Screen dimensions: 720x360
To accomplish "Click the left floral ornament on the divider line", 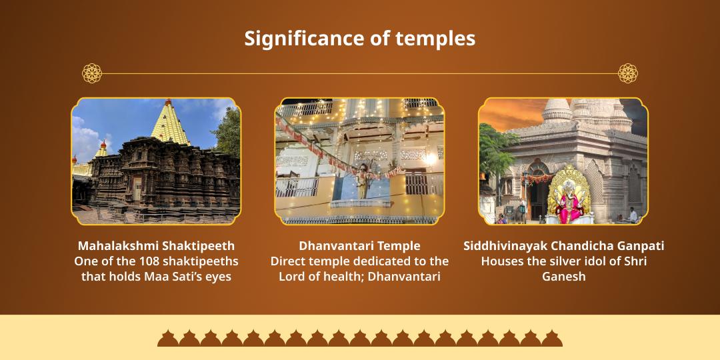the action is point(92,73).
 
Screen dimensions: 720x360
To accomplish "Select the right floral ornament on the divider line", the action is point(628,73).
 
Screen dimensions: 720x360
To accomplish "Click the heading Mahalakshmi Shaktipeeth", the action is point(156,245).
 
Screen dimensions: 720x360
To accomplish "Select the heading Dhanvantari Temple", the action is point(359,245).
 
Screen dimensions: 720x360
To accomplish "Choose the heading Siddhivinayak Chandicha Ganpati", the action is point(564,245).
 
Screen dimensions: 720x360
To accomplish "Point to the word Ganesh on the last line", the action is point(564,277).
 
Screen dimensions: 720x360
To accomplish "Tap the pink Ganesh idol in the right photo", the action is point(570,203).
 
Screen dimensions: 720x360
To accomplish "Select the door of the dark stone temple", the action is point(137,189).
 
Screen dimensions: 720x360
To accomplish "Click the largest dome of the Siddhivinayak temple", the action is point(557,111).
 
